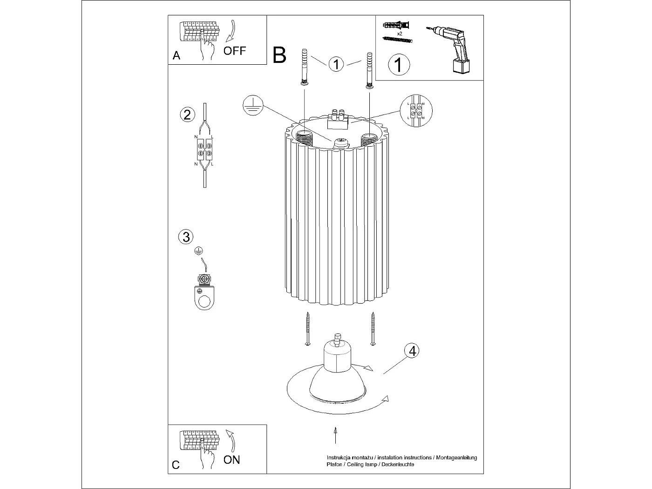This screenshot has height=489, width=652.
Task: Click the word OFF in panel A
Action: tap(234, 50)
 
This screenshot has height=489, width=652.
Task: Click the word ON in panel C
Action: tap(231, 460)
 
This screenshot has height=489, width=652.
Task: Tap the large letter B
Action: tap(279, 55)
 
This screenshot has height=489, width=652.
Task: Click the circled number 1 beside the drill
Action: tap(399, 64)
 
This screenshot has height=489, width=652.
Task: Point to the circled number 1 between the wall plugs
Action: tap(336, 64)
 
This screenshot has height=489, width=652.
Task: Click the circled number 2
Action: tap(187, 115)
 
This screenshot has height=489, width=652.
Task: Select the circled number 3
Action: tap(186, 237)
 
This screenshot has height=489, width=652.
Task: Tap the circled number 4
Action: tap(412, 351)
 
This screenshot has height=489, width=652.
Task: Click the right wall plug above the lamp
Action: tap(369, 69)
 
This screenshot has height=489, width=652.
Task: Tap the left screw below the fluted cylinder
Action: tap(307, 329)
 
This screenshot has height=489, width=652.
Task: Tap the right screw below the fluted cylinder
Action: tap(373, 329)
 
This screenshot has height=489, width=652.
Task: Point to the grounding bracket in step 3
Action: tap(204, 293)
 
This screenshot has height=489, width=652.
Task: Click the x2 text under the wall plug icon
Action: tap(400, 34)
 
